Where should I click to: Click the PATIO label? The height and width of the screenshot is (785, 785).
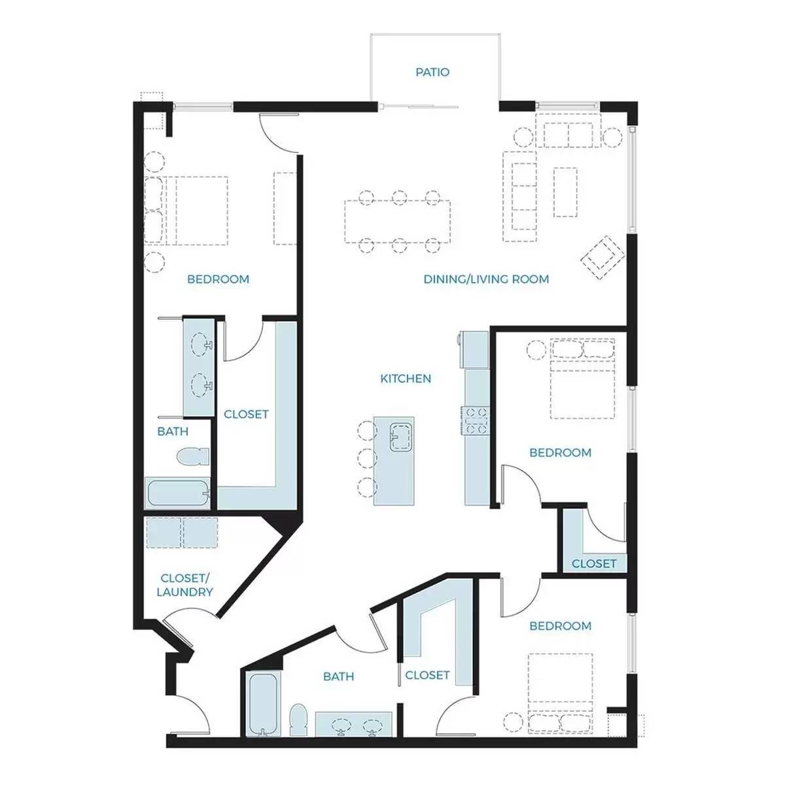pyautogui.click(x=432, y=72)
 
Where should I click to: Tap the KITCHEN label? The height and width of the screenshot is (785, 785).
pyautogui.click(x=406, y=379)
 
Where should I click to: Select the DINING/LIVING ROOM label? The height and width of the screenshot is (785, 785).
pyautogui.click(x=486, y=279)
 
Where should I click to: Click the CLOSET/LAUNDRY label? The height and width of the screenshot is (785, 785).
pyautogui.click(x=184, y=585)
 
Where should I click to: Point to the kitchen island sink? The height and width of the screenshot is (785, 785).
pyautogui.click(x=401, y=437)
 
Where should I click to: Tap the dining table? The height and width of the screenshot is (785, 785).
pyautogui.click(x=397, y=221)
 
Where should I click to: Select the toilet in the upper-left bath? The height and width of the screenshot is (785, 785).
pyautogui.click(x=193, y=456)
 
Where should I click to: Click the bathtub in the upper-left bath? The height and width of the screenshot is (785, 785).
pyautogui.click(x=178, y=493)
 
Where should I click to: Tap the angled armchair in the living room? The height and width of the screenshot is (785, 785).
pyautogui.click(x=602, y=257)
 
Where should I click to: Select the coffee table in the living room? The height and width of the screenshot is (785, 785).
pyautogui.click(x=565, y=192)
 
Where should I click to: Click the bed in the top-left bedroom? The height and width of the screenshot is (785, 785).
pyautogui.click(x=186, y=210)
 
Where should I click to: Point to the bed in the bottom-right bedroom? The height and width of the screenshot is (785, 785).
pyautogui.click(x=560, y=693)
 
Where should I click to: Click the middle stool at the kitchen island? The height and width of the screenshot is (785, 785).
pyautogui.click(x=367, y=459)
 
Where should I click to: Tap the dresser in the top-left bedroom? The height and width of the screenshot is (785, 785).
pyautogui.click(x=285, y=208)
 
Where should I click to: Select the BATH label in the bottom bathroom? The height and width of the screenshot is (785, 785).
pyautogui.click(x=338, y=676)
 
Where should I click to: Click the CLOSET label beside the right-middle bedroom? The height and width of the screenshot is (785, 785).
pyautogui.click(x=593, y=563)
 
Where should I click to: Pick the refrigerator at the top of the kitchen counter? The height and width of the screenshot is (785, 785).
pyautogui.click(x=475, y=349)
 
